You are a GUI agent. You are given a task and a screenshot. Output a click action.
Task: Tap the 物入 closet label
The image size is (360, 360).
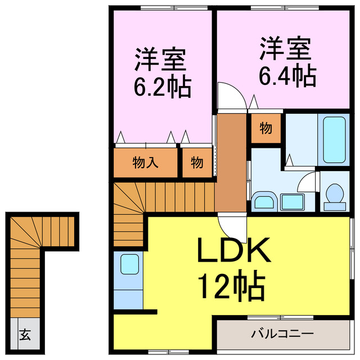click(146, 163)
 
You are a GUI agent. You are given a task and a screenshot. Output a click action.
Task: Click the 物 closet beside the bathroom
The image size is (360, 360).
click(265, 129)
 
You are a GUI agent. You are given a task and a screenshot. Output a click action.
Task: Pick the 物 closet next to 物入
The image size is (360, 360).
click(196, 163)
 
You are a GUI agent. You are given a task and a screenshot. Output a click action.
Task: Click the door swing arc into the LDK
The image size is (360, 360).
click(229, 227)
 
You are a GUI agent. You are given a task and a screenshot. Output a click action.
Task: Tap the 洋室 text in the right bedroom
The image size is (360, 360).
click(285, 49)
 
